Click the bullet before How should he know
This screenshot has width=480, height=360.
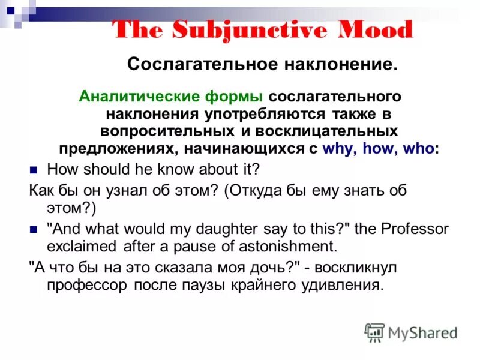click(x=34, y=169)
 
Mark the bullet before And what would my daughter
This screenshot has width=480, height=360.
click(x=34, y=229)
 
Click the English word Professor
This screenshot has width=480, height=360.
click(x=413, y=229)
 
